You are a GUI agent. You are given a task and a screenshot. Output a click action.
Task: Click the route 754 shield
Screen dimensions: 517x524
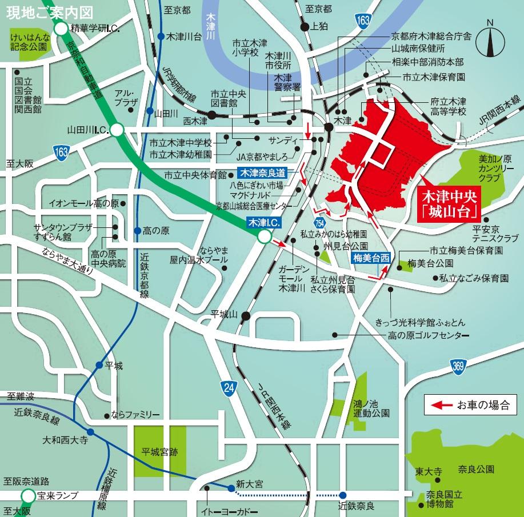point(319,222)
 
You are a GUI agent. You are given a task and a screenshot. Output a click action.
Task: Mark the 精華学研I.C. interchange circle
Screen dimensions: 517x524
point(61,28)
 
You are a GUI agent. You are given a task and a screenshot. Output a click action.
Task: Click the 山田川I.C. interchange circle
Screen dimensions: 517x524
point(117,131)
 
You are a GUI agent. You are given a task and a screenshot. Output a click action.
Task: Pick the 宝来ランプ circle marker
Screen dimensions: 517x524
point(27,495)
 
